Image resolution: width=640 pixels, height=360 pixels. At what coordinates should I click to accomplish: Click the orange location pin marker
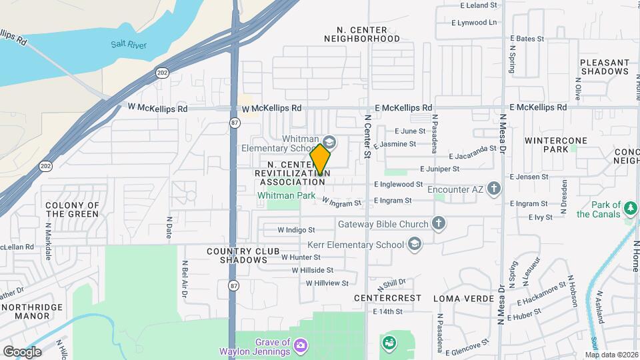pyautogui.click(x=321, y=159)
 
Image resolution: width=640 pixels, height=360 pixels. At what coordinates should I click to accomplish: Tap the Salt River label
pyautogui.click(x=129, y=45)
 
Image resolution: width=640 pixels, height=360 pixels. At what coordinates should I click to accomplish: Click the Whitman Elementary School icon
pyautogui.click(x=329, y=142)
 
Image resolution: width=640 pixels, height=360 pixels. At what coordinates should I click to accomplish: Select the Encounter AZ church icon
pyautogui.click(x=494, y=189)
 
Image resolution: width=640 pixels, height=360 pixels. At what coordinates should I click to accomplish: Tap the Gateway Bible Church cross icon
pyautogui.click(x=439, y=223)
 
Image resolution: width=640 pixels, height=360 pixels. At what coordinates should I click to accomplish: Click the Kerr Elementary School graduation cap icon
pyautogui.click(x=415, y=244)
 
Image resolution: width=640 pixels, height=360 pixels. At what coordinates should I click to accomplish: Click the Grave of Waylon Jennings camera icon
pyautogui.click(x=301, y=345)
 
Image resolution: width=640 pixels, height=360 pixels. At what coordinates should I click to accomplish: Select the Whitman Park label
pyautogui.click(x=286, y=196)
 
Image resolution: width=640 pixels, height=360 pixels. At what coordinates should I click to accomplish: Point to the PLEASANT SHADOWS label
pyautogui.click(x=604, y=67)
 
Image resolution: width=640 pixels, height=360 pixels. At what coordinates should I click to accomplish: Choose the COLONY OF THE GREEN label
pyautogui.click(x=72, y=209)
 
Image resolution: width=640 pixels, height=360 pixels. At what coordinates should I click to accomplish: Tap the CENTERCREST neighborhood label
pyautogui.click(x=387, y=297)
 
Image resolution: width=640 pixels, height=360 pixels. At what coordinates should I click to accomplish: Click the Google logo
pyautogui.click(x=22, y=351)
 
